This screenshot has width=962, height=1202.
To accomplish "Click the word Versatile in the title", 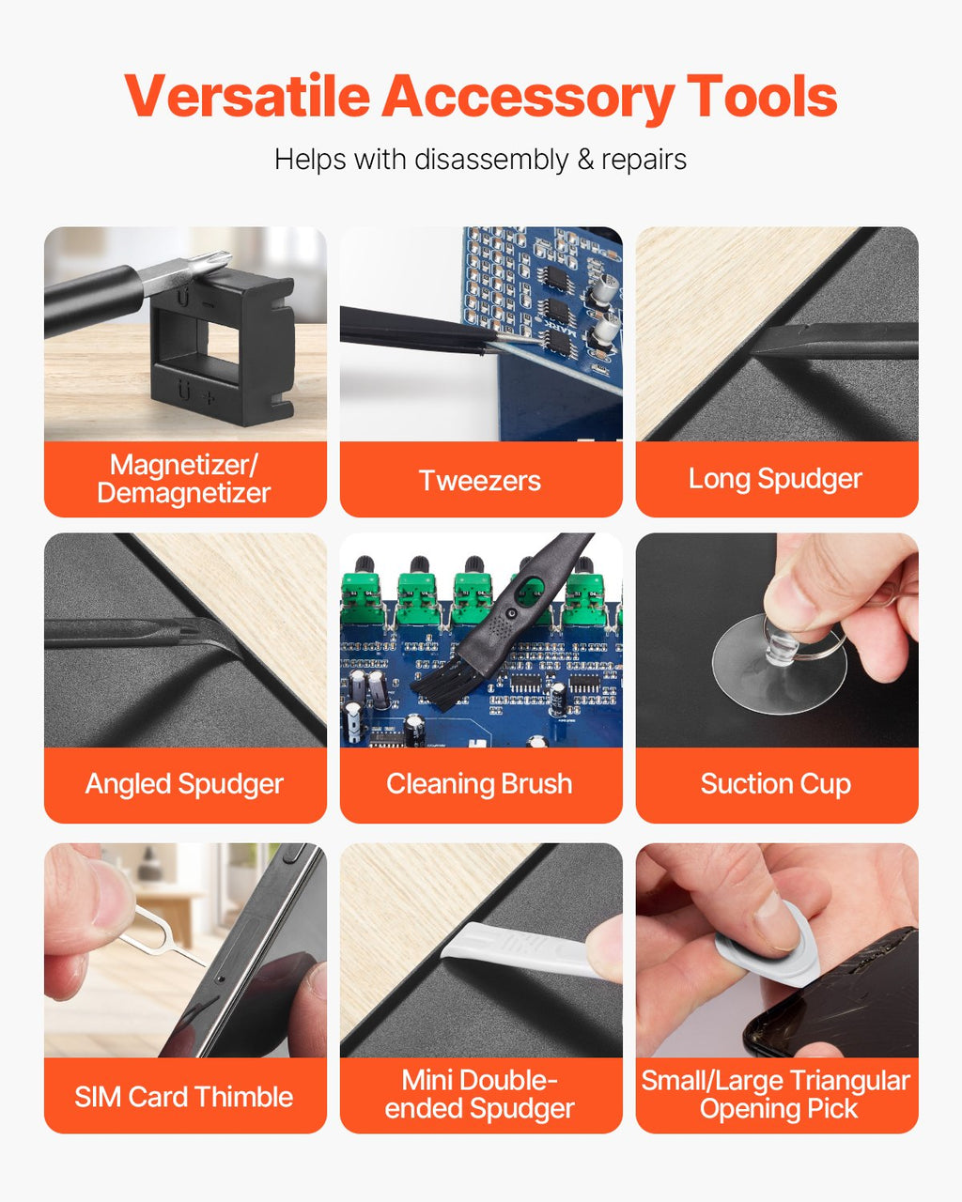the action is (x=247, y=96).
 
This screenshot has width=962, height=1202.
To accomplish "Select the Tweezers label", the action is (x=480, y=481).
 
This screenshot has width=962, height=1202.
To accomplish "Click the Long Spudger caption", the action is (x=775, y=479).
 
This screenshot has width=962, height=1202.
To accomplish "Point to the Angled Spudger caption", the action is (x=184, y=784).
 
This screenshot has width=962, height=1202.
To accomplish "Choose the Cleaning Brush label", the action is (x=480, y=783).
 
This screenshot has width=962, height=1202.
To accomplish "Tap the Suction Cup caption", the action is (x=776, y=784).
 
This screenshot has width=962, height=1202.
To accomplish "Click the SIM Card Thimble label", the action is (x=184, y=1097).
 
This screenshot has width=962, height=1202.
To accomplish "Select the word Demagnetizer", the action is (x=184, y=493).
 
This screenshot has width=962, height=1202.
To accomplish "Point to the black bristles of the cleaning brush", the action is (x=437, y=682).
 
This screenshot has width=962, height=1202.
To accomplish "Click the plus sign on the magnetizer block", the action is (x=208, y=398).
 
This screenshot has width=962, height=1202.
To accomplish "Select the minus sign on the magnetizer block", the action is (x=208, y=304).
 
